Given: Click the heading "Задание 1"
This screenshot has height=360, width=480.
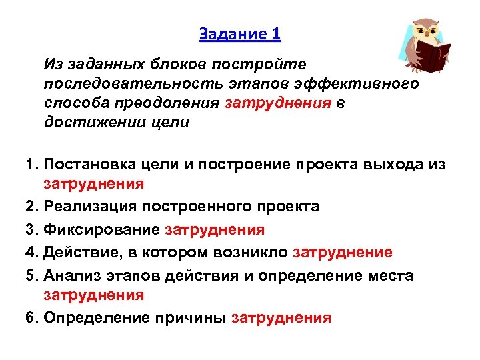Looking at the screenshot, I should point(239,33).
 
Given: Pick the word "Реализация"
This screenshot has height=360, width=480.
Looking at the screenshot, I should point(87,207).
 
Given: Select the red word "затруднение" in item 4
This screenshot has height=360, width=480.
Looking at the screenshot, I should point(343,252).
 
